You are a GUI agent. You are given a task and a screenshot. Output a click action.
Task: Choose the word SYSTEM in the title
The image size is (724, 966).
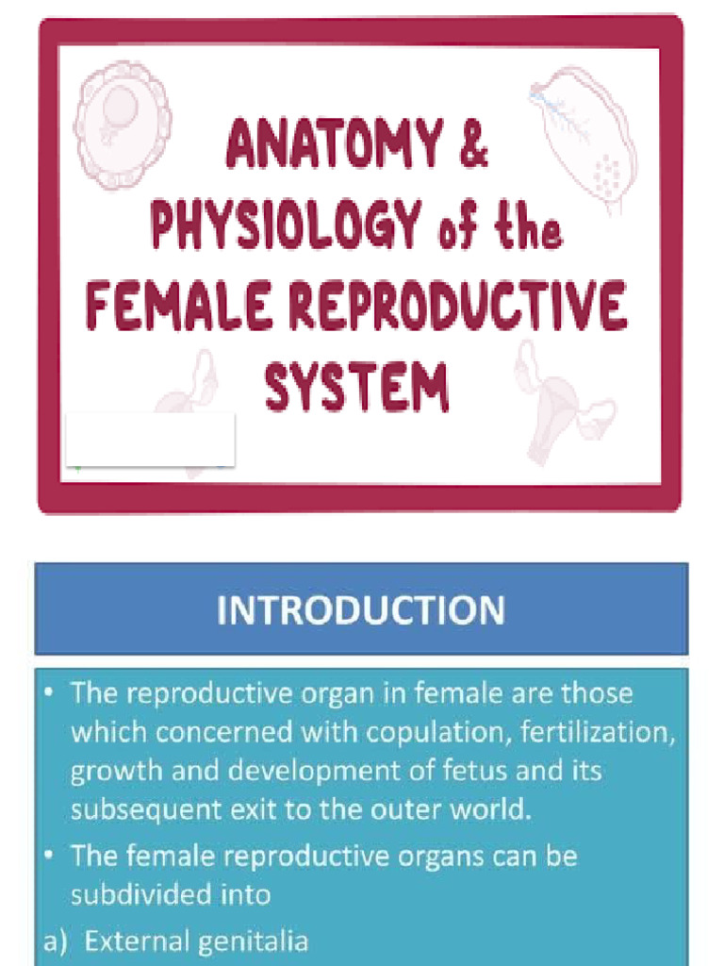pyautogui.click(x=356, y=387)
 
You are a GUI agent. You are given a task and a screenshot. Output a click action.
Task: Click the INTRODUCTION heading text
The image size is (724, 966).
pyautogui.click(x=360, y=609)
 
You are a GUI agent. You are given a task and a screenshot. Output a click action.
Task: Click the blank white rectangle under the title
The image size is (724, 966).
pyautogui.click(x=151, y=439)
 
